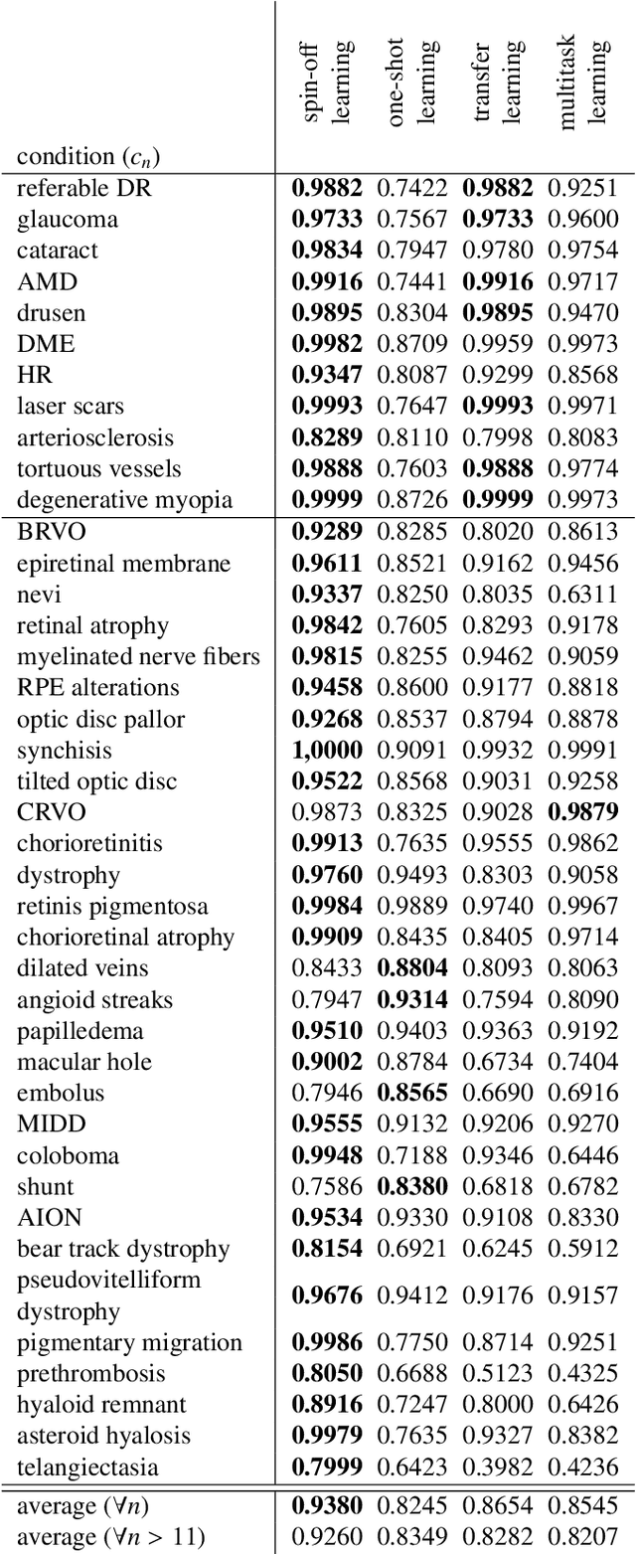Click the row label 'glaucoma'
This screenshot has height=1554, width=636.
(68, 219)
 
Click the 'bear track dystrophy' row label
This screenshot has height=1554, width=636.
(123, 1249)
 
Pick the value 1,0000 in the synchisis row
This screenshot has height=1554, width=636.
(327, 750)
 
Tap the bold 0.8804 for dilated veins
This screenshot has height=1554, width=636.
(411, 968)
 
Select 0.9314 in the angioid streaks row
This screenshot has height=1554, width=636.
(411, 999)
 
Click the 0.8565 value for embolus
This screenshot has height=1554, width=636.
(411, 1093)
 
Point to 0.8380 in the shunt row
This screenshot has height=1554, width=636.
(411, 1186)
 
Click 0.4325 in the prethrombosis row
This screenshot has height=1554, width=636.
(582, 1373)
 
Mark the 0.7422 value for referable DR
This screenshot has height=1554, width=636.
(411, 188)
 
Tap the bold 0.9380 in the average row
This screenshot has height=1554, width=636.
(327, 1506)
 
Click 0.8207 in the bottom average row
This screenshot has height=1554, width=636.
(582, 1537)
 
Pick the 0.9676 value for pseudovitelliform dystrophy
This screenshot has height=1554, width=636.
(327, 1295)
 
